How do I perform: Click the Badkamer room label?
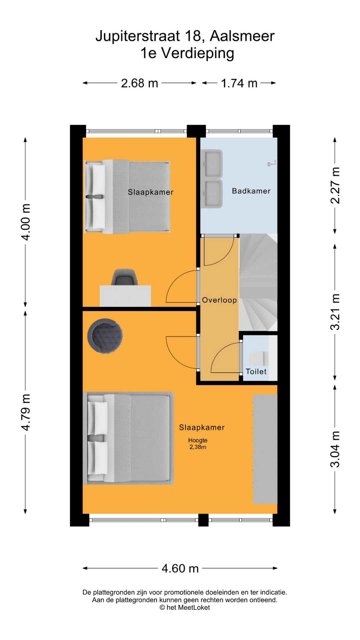click(251, 191)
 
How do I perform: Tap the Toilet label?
click(256, 371)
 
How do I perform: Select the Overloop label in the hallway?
click(219, 300)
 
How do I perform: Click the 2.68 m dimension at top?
click(139, 83)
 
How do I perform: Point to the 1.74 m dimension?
click(239, 83)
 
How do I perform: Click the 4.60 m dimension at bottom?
click(180, 568)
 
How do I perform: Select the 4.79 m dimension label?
click(26, 412)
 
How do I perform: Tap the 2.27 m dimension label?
click(335, 185)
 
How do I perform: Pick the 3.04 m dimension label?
click(335, 449)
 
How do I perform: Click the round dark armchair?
click(105, 336)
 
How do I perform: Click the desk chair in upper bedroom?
click(124, 277)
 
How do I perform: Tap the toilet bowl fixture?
click(258, 359)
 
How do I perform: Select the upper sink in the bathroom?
click(212, 163)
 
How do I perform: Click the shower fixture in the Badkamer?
click(272, 163)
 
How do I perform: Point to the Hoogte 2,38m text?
click(198, 444)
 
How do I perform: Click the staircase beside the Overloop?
click(258, 283)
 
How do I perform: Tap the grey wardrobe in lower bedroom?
click(265, 449)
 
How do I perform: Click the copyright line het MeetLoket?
click(185, 607)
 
